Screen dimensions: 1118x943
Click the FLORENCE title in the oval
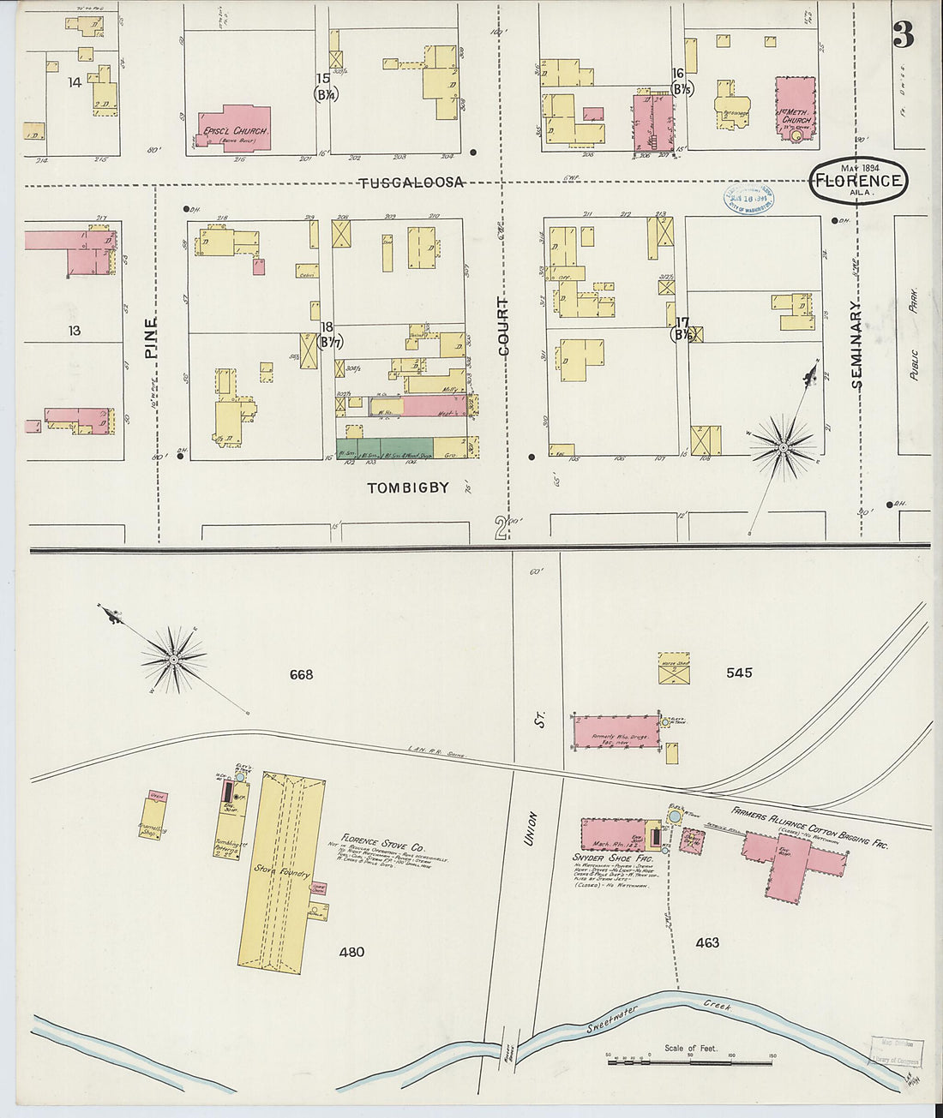click(858, 181)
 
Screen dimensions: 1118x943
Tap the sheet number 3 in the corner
click(903, 35)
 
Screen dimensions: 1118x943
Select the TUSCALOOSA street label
click(411, 182)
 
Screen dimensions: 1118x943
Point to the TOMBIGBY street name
click(408, 488)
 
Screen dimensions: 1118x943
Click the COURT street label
click(503, 326)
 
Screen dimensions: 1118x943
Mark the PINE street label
click(152, 338)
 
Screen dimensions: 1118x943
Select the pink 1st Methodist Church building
click(796, 106)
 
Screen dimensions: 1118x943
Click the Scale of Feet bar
click(690, 1062)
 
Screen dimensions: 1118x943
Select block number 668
click(301, 675)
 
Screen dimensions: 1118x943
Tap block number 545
click(738, 673)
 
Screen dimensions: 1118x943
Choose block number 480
click(351, 952)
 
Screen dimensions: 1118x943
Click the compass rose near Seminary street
click(783, 445)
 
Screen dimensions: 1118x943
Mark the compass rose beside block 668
click(173, 660)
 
